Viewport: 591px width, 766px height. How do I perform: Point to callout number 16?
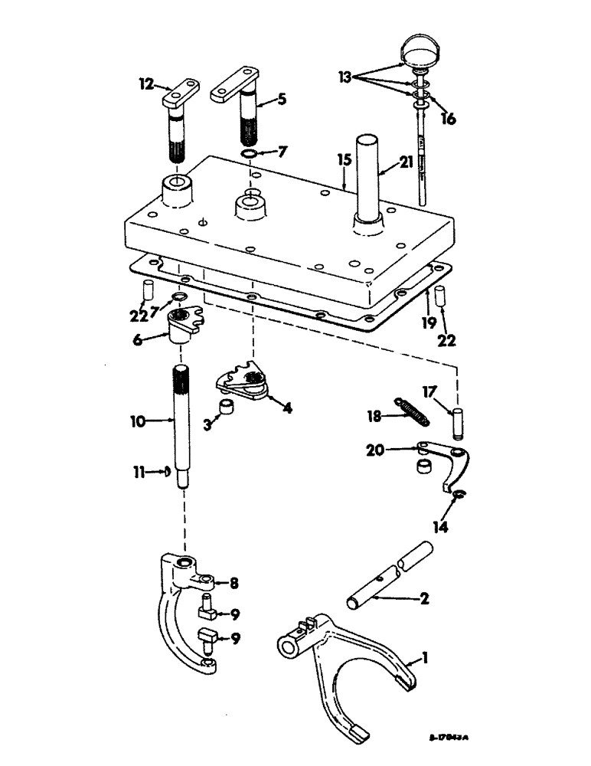(449, 119)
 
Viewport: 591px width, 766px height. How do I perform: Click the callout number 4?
(286, 408)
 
